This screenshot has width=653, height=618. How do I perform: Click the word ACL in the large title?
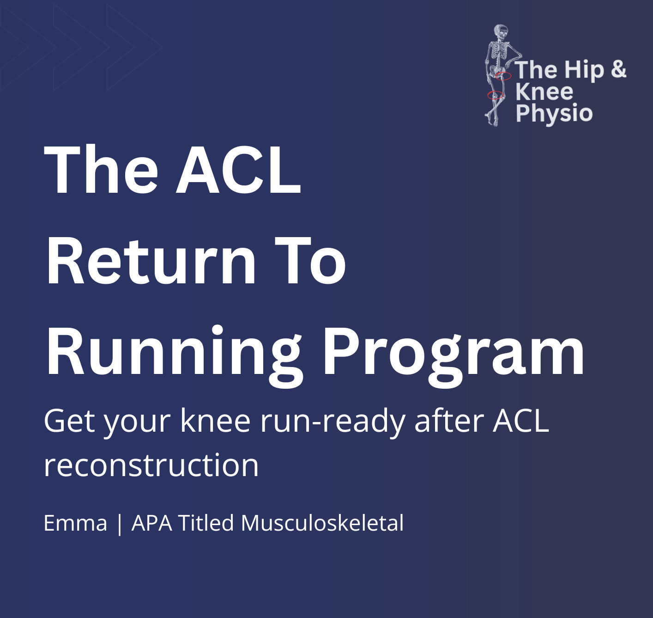point(238,170)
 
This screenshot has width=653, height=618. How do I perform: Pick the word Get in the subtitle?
point(68,421)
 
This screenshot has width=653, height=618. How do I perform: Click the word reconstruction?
point(151,465)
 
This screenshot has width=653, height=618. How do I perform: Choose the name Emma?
point(75,523)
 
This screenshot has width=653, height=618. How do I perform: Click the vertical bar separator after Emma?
point(120,524)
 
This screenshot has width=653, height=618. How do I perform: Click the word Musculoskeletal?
point(322,523)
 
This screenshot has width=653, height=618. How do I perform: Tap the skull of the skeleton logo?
point(500,32)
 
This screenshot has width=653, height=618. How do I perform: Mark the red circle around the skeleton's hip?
point(503,76)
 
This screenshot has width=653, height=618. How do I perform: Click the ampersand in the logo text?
point(618,69)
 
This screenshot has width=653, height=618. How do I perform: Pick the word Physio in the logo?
point(554,114)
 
